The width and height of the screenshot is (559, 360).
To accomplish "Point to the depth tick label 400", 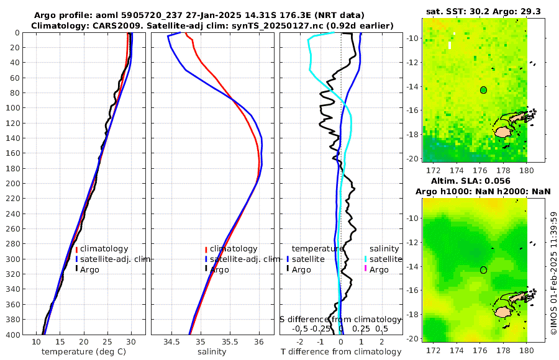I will click(x=12, y=335).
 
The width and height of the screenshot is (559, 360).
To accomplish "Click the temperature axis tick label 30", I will click(x=131, y=341).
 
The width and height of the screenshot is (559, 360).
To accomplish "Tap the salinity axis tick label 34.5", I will click(x=171, y=341).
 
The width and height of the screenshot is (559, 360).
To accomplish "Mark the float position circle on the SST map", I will click(x=483, y=90).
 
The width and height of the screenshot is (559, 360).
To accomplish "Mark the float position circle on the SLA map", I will click(x=483, y=270).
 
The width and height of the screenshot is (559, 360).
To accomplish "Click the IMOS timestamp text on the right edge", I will click(x=554, y=273).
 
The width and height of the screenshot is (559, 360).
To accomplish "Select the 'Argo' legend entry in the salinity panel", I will click(x=219, y=269).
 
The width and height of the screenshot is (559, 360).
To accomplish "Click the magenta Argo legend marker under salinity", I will click(x=365, y=269).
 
